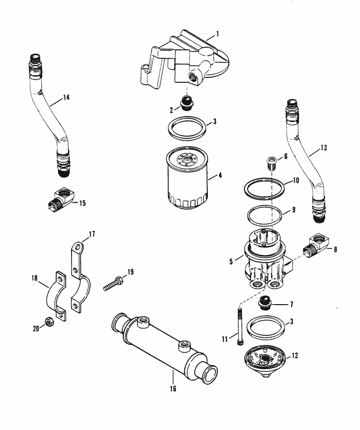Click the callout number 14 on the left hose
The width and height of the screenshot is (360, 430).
point(66,97)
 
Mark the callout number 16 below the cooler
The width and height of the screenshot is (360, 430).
point(173,388)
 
